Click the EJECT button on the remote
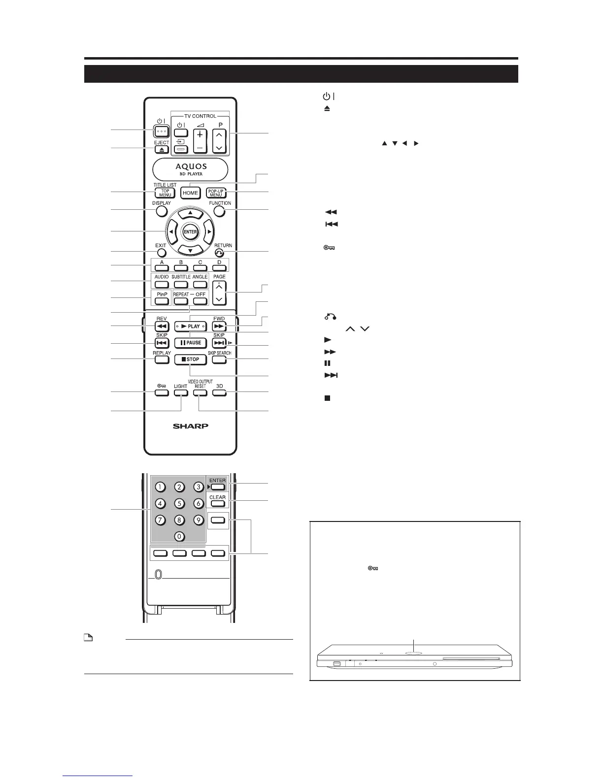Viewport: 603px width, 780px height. click(162, 149)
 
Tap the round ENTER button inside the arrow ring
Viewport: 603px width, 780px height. click(190, 232)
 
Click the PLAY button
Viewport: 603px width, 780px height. click(190, 326)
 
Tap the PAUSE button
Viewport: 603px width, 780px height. click(190, 343)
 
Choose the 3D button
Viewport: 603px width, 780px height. click(219, 393)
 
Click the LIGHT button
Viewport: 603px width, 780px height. click(181, 393)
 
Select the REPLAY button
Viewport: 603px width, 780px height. click(162, 359)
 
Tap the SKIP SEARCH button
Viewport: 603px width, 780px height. click(219, 359)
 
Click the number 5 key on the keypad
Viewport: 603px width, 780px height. click(179, 503)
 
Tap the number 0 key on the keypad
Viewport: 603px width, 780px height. click(179, 536)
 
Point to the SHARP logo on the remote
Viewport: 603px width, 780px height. click(190, 426)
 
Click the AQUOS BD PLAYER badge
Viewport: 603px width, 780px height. click(190, 169)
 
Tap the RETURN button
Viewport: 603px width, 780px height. click(219, 253)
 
